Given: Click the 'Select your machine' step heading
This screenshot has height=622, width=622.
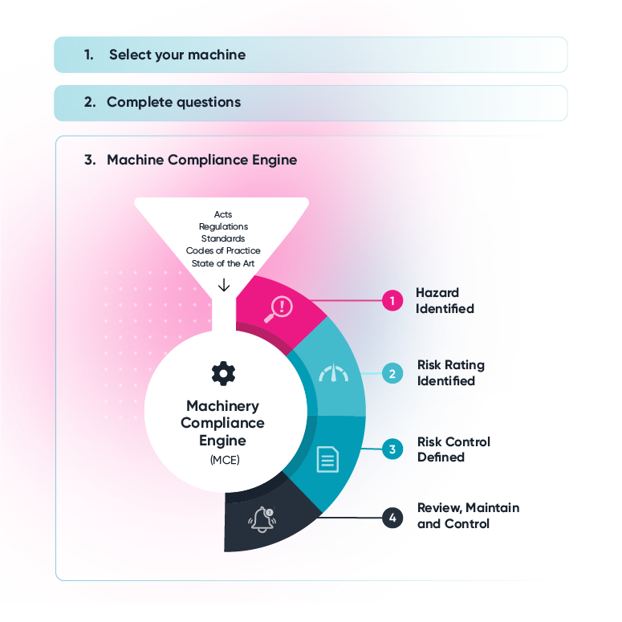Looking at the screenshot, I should tap(177, 55).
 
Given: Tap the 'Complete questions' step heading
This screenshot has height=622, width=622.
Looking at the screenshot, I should tap(173, 102).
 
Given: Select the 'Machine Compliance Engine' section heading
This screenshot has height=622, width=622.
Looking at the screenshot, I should tap(201, 160).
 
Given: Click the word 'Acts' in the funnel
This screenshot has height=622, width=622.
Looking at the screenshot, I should tap(223, 214).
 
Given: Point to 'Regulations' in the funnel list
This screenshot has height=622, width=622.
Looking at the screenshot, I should tap(223, 226).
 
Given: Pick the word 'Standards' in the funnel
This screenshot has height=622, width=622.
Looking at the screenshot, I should tap(223, 238).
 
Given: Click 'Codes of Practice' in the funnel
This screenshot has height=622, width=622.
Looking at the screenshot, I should tap(223, 250).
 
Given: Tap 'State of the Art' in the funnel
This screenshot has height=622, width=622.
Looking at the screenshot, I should tap(223, 262).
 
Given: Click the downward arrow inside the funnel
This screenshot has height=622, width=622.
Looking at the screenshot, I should tap(224, 284).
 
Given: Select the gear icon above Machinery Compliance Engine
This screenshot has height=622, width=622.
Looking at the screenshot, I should tap(223, 372).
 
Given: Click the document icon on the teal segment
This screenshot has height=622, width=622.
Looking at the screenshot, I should tap(327, 459).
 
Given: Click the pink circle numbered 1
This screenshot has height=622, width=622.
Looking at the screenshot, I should tap(392, 301).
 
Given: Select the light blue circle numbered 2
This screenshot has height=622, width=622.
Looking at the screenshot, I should tap(392, 373).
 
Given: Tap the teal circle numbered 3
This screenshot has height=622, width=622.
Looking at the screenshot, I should tap(392, 449).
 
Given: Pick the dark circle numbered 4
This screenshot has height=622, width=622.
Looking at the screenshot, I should tap(392, 518).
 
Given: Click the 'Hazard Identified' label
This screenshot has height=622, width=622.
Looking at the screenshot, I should tap(445, 301).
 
